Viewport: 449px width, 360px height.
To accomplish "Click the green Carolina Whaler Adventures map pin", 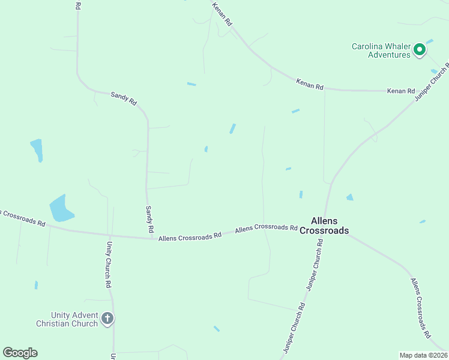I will click(420, 50).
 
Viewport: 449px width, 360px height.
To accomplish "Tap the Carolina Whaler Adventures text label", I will click(381, 50).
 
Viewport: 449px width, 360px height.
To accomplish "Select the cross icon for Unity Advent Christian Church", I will click(107, 318).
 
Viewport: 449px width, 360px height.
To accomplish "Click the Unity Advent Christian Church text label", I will click(67, 319).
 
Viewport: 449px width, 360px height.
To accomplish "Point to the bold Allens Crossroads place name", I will click(324, 226).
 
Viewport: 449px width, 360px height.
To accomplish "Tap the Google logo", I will click(20, 353).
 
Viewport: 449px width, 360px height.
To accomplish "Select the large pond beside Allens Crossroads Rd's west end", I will click(60, 208).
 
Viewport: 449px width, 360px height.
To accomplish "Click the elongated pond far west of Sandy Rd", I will click(37, 149).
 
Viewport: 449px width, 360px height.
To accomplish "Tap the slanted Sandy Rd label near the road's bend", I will click(124, 98).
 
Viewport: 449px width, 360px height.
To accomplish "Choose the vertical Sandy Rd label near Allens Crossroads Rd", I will click(150, 220).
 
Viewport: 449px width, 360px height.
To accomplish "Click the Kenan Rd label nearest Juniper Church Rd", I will click(401, 91).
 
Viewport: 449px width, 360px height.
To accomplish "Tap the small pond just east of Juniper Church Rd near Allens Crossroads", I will click(349, 197).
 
